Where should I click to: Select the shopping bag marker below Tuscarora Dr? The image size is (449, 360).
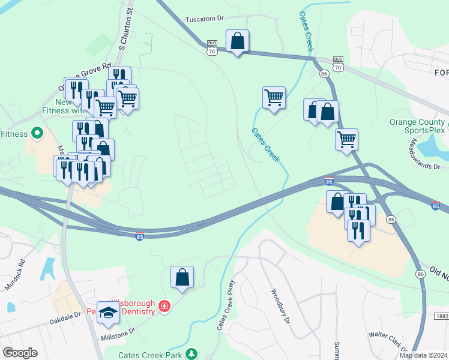[x=238, y=41]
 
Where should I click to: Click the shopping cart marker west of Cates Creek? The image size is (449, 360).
[x=274, y=97]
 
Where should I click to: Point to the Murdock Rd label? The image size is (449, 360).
[x=16, y=275]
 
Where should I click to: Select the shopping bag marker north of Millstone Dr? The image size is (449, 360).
[x=182, y=277]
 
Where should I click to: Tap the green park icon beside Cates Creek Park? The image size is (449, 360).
[x=191, y=353]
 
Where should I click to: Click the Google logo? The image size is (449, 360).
[x=20, y=353]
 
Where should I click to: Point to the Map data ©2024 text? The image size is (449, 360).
[x=424, y=355]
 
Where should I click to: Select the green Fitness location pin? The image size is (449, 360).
[x=37, y=133]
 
